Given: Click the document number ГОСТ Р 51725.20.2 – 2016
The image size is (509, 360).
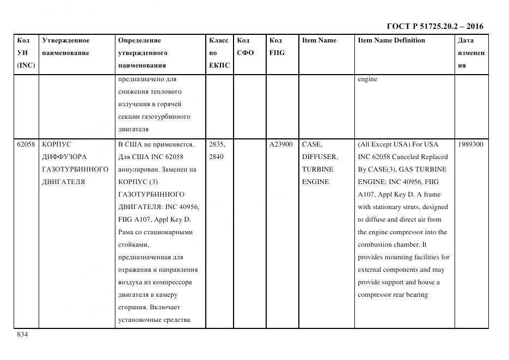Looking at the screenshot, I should coord(434,26).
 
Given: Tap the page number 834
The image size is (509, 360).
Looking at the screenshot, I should coord(22,334).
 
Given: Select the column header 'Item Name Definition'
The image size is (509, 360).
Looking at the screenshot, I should coord(391,40).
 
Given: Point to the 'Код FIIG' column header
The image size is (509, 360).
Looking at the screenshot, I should coord(277,47).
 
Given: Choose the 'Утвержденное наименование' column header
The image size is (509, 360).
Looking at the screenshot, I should coord(66,47).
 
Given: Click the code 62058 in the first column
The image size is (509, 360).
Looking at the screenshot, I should coord(26,144).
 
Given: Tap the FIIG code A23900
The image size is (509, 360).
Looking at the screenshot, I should coord(281,144).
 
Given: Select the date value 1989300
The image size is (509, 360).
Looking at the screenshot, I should coord(470,144).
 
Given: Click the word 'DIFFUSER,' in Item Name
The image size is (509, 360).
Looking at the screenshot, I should coord(320,157).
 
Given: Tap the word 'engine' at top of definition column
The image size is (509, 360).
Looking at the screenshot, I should coord(367,79).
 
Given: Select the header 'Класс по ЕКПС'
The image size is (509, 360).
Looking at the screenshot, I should coord(219,53).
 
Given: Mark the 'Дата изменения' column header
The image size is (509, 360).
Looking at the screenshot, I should coord(471,53).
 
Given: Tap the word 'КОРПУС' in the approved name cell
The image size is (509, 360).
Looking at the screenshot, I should coord(57,144).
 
